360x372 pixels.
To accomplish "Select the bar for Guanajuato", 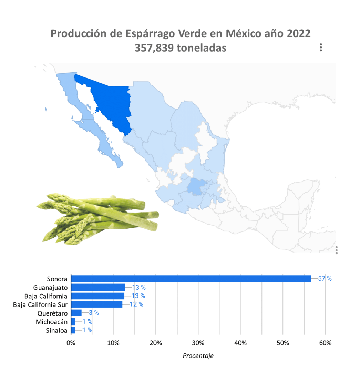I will click(x=98, y=287).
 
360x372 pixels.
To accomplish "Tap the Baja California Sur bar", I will click(x=96, y=304).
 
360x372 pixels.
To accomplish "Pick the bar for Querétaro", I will click(x=76, y=313).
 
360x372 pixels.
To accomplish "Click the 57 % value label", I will click(x=325, y=279).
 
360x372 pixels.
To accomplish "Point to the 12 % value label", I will click(x=136, y=304).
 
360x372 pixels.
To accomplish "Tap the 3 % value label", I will click(x=94, y=313).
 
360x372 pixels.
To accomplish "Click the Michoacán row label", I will click(x=52, y=322).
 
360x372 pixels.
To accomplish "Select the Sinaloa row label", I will click(x=56, y=330).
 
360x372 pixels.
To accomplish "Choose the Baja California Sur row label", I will click(x=40, y=304).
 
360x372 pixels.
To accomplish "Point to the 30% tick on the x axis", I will click(x=198, y=343).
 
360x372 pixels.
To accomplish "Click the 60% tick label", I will click(x=325, y=343).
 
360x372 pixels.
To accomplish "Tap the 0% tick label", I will click(x=71, y=343).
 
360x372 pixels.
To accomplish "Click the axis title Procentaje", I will click(x=198, y=356).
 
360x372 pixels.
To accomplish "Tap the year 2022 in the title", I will click(x=298, y=34).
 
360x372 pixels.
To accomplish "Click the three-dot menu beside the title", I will click(x=321, y=48).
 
